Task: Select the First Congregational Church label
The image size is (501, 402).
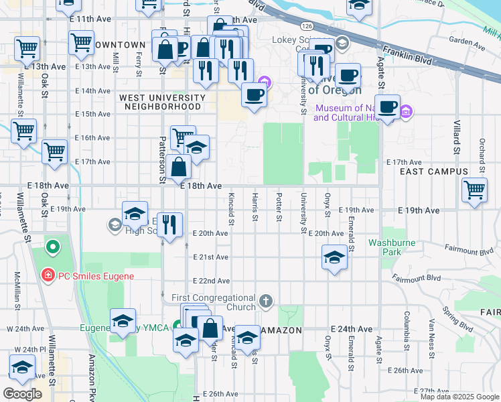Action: (x=214, y=302)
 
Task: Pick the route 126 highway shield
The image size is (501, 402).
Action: (x=306, y=25)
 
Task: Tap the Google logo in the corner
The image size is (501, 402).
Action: (x=23, y=393)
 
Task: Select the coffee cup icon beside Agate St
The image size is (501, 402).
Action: (x=386, y=106)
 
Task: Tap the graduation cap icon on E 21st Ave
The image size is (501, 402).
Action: (x=334, y=257)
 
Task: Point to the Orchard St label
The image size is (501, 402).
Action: (x=481, y=153)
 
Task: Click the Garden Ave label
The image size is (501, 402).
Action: (x=467, y=42)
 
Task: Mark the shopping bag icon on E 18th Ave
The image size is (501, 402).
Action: (x=180, y=167)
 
